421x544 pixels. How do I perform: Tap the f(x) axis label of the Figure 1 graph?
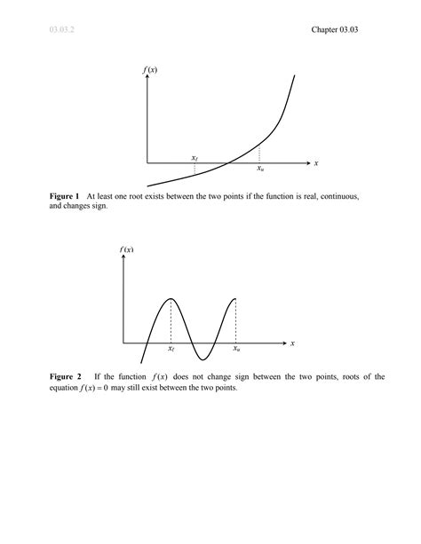[x=149, y=69]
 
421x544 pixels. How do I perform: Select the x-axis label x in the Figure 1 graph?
[x=316, y=163]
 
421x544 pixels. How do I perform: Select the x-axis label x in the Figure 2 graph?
[x=292, y=343]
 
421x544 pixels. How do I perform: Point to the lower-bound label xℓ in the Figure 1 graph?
[x=195, y=157]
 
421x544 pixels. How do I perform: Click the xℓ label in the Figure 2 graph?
[x=171, y=351]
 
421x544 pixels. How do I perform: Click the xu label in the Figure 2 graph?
[x=236, y=351]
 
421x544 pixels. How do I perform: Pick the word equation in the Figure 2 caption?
[x=66, y=388]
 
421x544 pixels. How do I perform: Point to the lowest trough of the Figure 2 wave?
[x=203, y=359]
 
